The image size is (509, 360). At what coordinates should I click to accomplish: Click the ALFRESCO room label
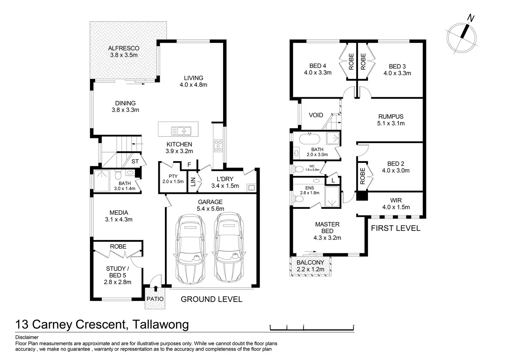123,48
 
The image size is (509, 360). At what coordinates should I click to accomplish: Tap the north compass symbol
462,36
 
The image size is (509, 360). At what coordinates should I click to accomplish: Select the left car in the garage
189,249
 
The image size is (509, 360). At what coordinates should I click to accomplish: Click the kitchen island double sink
181,131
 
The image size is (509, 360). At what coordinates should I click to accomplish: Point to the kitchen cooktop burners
218,146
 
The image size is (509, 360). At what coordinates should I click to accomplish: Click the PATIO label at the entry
155,299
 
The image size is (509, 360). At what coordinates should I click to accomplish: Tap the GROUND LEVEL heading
211,299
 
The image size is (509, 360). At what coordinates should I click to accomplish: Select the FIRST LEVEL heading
396,228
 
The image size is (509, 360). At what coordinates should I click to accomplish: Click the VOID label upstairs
316,115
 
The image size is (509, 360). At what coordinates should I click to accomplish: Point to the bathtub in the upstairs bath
310,139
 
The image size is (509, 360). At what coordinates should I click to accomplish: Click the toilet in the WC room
298,169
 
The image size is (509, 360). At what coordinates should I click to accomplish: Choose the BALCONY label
310,262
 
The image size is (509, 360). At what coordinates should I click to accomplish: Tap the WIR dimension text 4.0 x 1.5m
396,207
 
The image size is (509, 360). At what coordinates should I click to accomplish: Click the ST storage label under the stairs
135,161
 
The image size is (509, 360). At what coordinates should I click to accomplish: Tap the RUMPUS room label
391,117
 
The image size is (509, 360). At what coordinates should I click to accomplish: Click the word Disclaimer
27,337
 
